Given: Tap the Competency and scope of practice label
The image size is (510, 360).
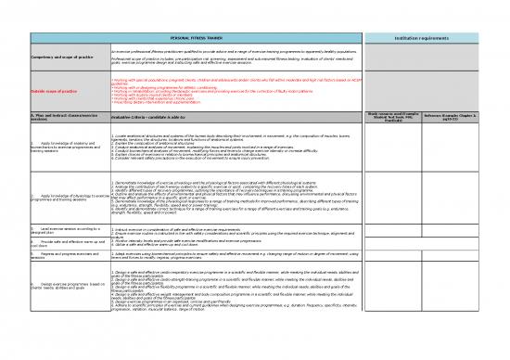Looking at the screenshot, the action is [46, 58].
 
